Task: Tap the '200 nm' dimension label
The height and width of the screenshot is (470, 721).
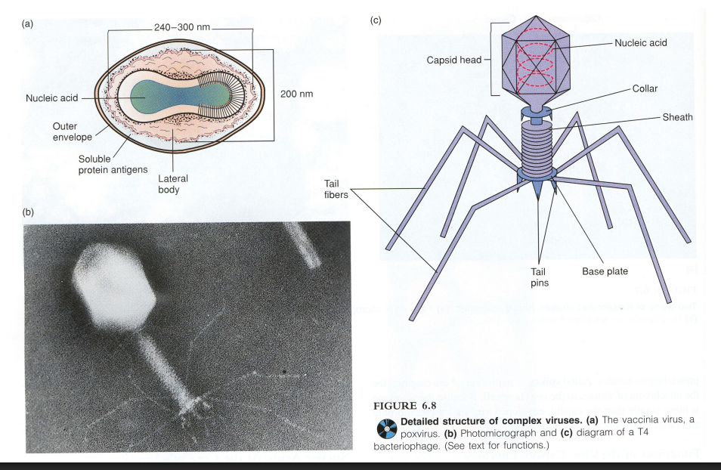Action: coord(296,94)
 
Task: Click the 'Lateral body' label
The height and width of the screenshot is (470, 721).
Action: coord(172,184)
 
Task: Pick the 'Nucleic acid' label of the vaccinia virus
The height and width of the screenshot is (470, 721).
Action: coord(51,98)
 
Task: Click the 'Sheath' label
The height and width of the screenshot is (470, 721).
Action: coord(677,117)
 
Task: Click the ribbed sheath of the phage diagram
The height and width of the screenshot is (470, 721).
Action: coord(538,147)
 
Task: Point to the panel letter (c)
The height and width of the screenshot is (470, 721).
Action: coord(375,20)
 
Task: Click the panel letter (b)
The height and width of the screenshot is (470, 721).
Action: coord(28,212)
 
